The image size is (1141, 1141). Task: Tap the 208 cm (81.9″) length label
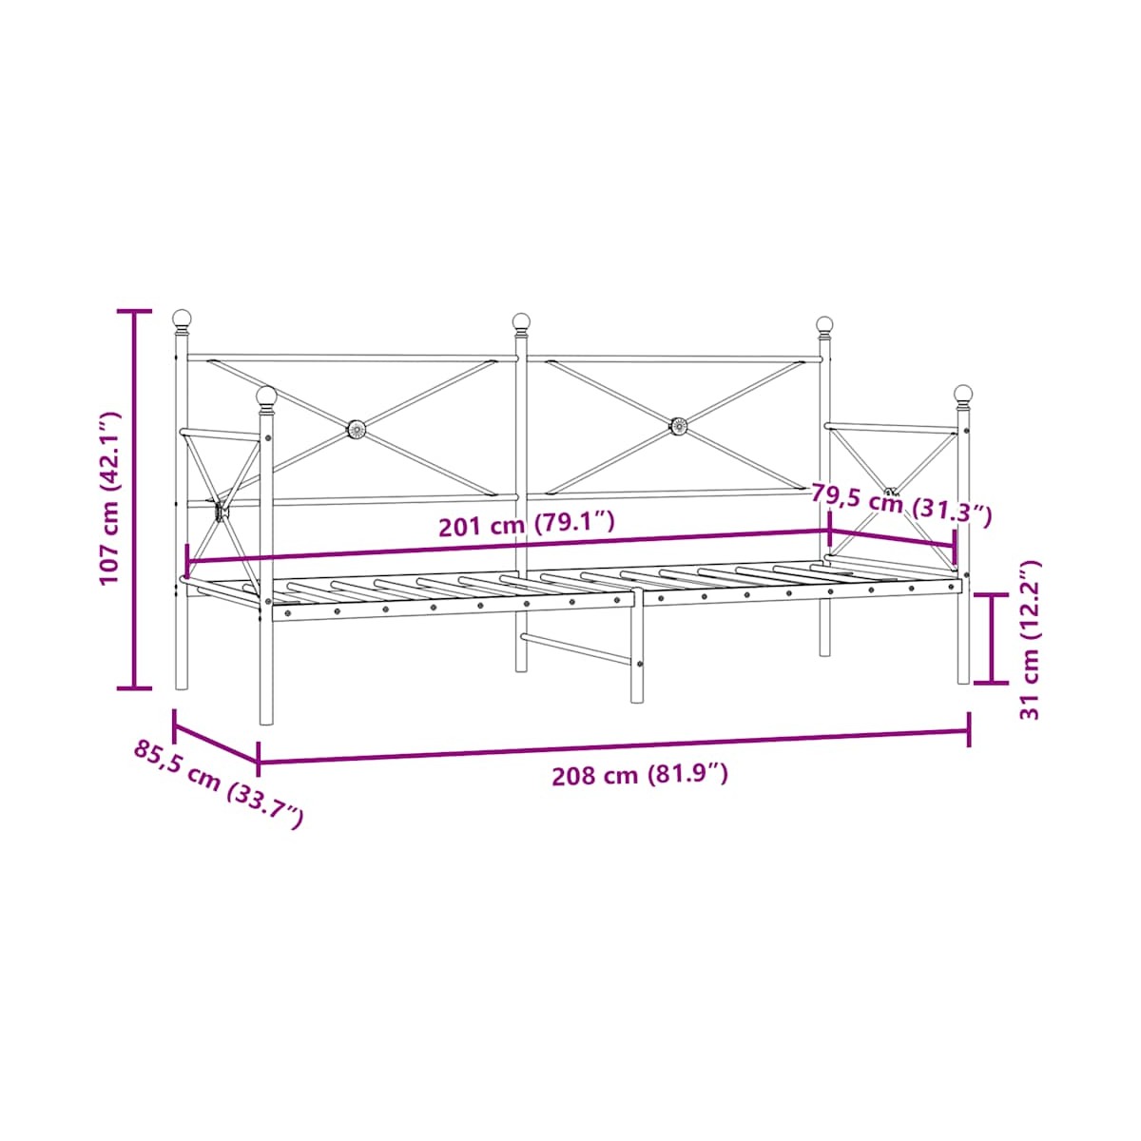click(x=640, y=775)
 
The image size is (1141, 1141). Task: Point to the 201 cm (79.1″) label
click(x=527, y=524)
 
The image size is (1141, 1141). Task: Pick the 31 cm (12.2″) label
click(x=1030, y=640)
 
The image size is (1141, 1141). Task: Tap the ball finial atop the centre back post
click(x=520, y=323)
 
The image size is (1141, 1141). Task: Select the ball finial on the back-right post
click(x=824, y=326)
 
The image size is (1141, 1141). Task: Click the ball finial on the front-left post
click(x=266, y=397)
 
